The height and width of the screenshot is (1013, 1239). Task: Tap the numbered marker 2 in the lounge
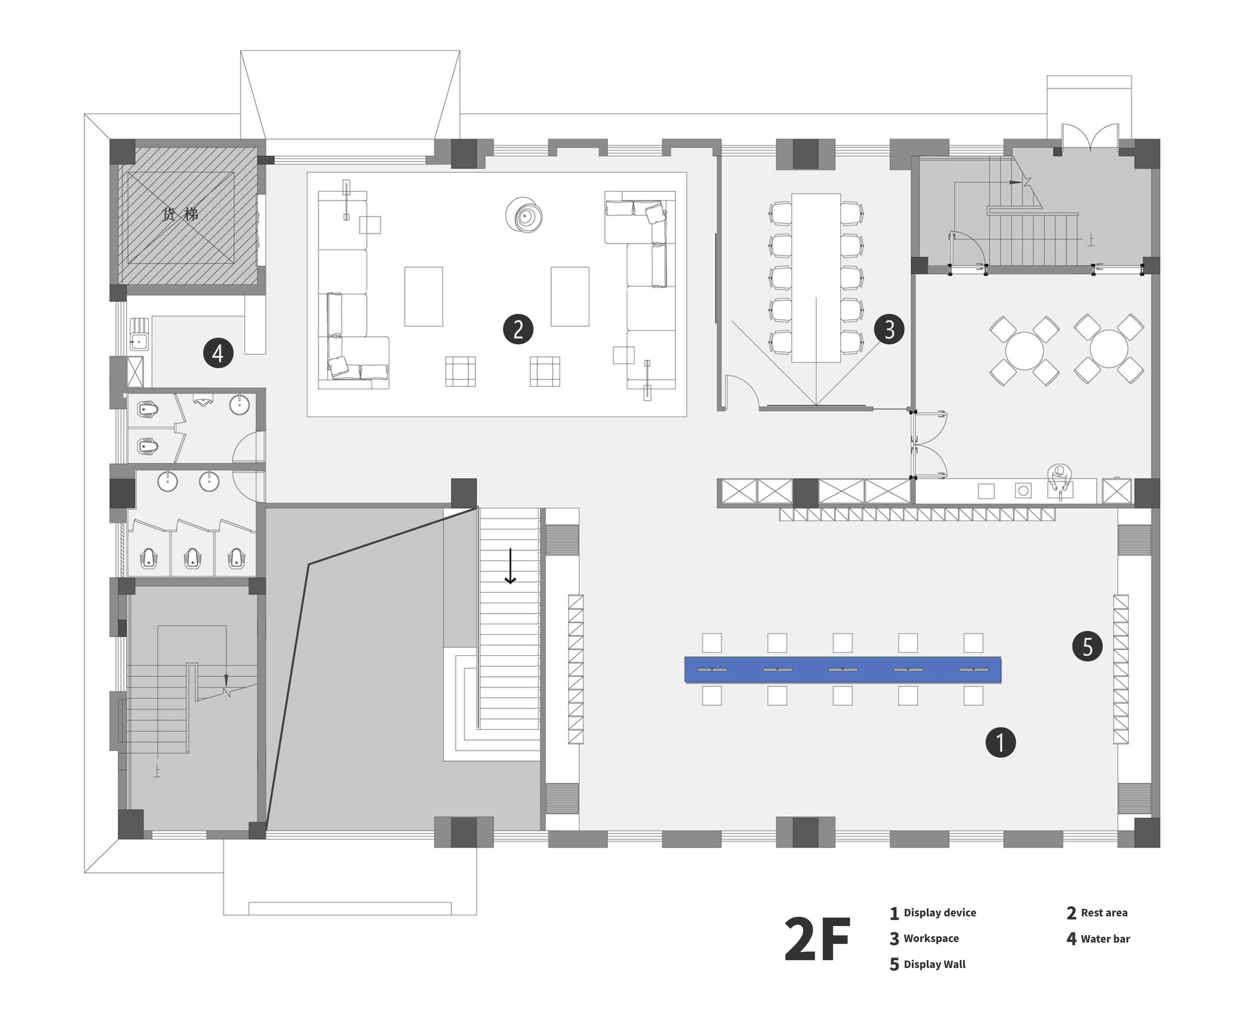(x=518, y=329)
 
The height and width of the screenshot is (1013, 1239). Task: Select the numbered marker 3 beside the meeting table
(x=889, y=329)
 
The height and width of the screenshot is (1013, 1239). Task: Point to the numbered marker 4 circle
(x=218, y=353)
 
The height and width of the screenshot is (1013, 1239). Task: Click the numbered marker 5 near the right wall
(x=1087, y=646)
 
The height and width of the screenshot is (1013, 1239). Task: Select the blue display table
(x=843, y=669)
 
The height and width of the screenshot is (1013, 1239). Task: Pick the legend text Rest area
(x=1104, y=913)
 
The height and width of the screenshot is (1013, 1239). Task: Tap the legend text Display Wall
(x=934, y=965)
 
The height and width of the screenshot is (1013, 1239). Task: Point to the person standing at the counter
(x=1059, y=477)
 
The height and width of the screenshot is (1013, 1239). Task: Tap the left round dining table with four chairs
(x=1024, y=350)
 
